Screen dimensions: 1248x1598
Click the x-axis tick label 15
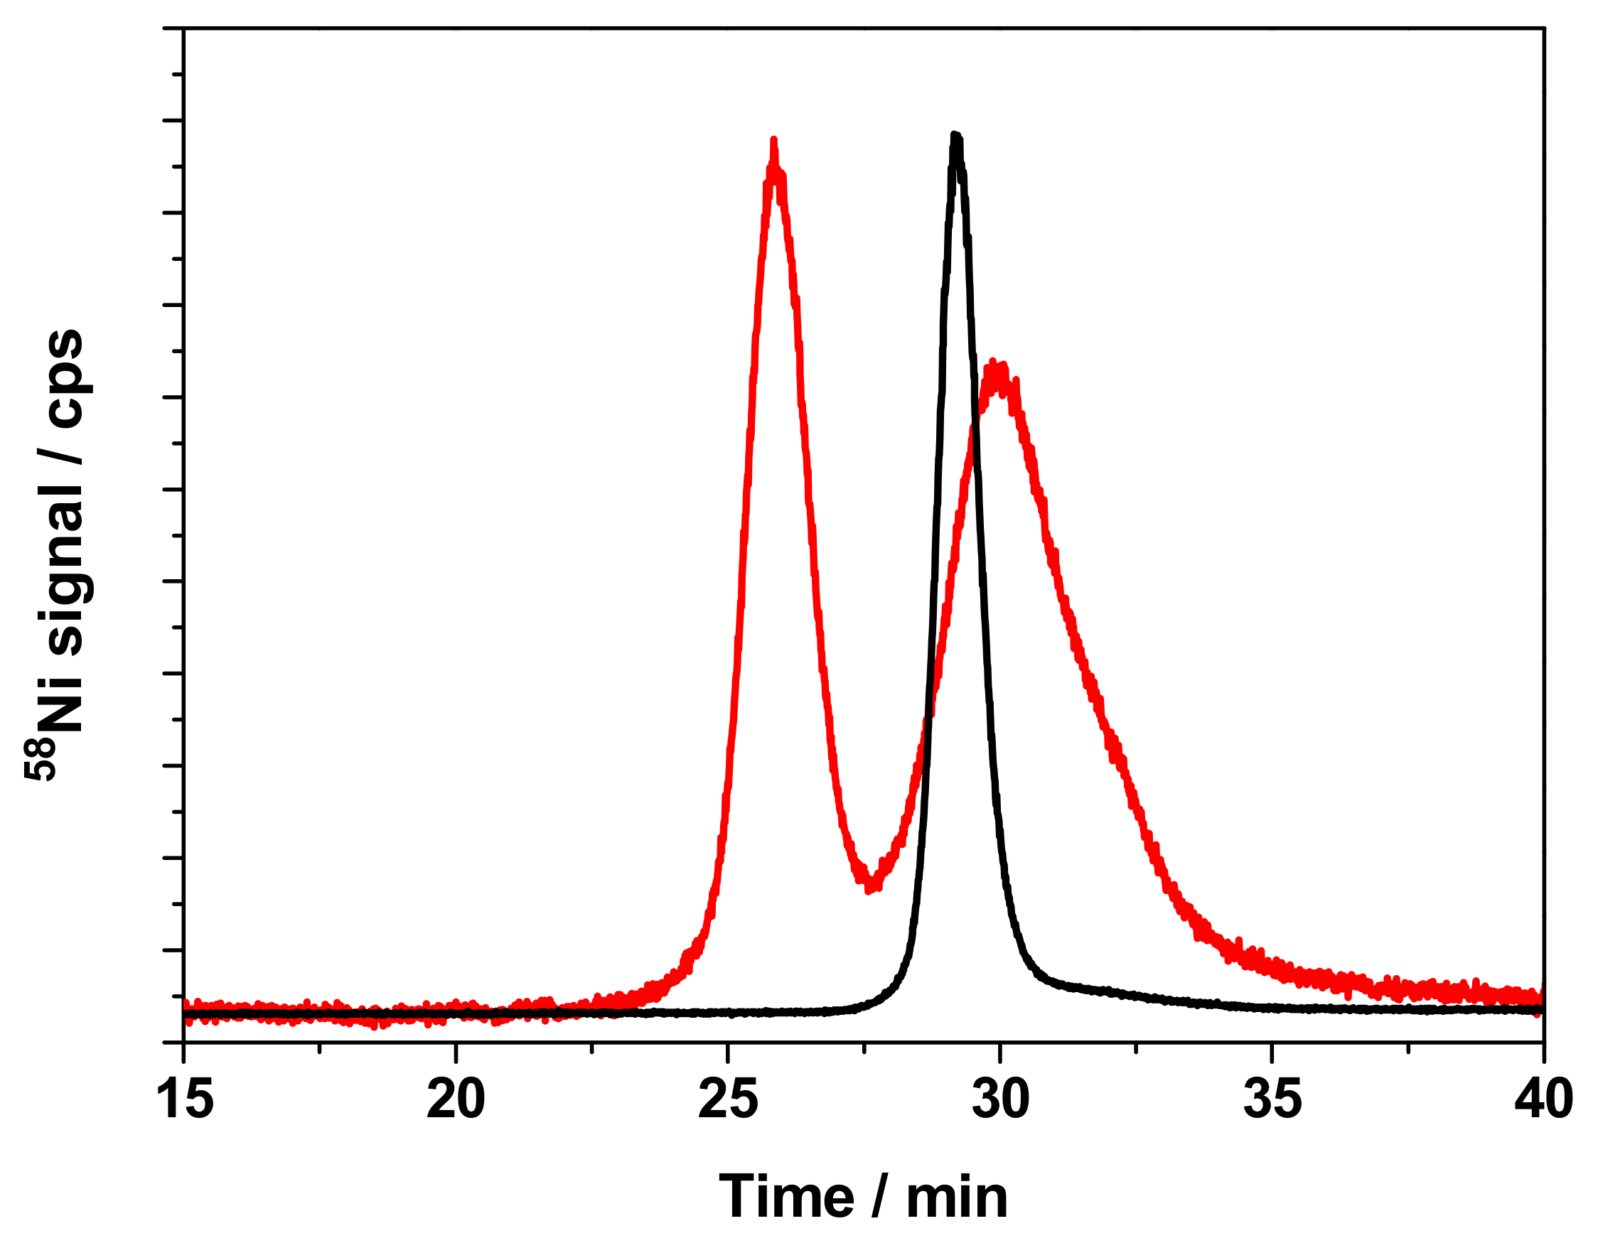[x=185, y=1100]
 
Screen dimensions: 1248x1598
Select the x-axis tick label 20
[x=456, y=1100]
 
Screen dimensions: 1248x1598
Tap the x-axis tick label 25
[x=728, y=1100]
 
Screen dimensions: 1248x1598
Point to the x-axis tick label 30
[x=1000, y=1100]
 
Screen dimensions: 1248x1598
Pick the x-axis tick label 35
[x=1272, y=1100]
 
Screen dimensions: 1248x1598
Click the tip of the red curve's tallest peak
[x=773, y=140]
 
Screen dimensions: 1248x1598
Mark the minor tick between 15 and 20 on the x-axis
[x=320, y=1048]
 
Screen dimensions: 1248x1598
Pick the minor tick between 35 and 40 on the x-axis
[x=1408, y=1048]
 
